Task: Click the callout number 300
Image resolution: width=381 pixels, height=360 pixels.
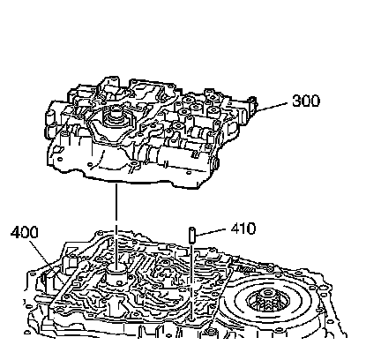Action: tap(306, 101)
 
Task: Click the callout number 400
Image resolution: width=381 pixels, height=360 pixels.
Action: tap(25, 232)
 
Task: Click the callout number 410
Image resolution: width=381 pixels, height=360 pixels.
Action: tap(243, 229)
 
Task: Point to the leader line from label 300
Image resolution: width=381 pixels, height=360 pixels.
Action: tap(272, 107)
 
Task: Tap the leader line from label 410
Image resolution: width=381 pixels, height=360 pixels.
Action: tap(211, 232)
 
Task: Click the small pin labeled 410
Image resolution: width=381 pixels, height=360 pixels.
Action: tap(192, 235)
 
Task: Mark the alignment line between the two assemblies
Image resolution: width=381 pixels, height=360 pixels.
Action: tap(116, 226)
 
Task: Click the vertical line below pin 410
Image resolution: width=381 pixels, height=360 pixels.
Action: tap(191, 281)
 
